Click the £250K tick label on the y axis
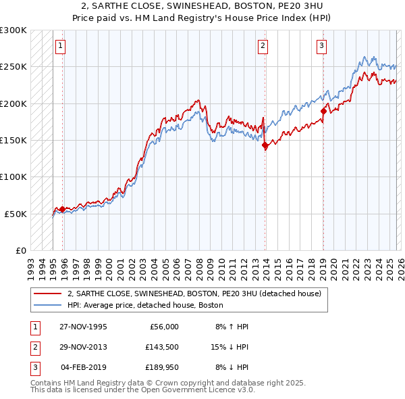(13, 67)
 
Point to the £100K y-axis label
(13, 177)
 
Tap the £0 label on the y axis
(20, 250)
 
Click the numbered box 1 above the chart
(60, 46)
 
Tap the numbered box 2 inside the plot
(262, 46)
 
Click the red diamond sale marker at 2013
(265, 145)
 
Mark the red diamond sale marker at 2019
(323, 111)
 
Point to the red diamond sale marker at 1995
(63, 209)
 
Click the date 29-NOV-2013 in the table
(84, 347)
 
